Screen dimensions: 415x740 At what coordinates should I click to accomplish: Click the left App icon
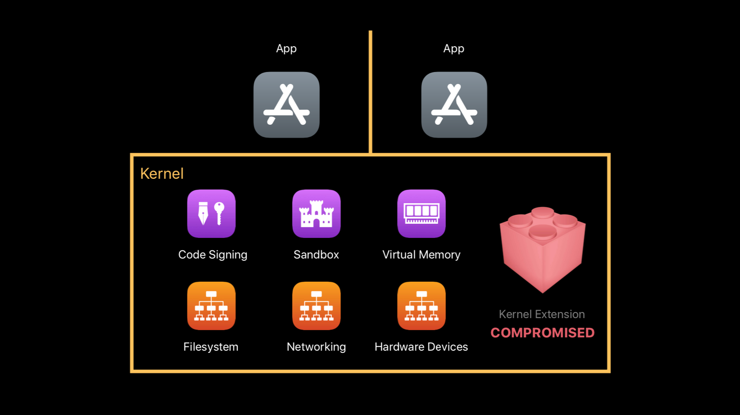[x=286, y=105]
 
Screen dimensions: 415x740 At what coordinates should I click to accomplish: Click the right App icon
[x=454, y=105]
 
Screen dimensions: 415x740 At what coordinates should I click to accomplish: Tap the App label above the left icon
[x=286, y=49]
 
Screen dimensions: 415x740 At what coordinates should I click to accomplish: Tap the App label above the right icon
[x=454, y=49]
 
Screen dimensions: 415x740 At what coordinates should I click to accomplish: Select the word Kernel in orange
[x=162, y=174]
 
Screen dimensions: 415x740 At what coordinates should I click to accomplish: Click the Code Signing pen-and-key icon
[x=211, y=214]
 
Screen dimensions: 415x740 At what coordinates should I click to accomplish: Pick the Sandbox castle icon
[x=316, y=214]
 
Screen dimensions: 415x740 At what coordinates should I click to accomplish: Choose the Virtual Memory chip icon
[x=421, y=214]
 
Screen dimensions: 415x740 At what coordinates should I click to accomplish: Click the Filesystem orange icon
[x=211, y=306]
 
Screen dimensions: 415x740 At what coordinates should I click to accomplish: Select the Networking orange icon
[x=316, y=306]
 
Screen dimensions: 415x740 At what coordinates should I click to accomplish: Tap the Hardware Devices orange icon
[x=421, y=306]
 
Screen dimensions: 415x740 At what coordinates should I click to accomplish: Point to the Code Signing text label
[x=213, y=255]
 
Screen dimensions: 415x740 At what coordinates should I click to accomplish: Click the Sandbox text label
[x=316, y=255]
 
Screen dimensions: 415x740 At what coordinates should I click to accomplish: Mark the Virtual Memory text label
[x=421, y=255]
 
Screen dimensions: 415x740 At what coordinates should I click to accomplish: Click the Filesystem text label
[x=211, y=347]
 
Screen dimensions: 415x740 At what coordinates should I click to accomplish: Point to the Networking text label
[x=316, y=347]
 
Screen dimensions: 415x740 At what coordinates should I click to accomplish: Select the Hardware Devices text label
[x=421, y=347]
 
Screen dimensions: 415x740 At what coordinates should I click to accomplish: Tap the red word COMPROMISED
[x=542, y=333]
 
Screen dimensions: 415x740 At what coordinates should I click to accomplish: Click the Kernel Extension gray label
[x=542, y=314]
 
